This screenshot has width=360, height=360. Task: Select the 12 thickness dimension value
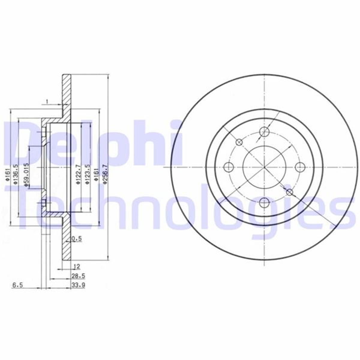pyautogui.click(x=77, y=266)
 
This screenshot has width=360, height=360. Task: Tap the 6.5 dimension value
pyautogui.click(x=17, y=285)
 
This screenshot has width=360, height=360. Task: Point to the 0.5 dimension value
pyautogui.click(x=77, y=239)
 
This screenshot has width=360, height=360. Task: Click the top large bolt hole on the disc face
pyautogui.click(x=264, y=131)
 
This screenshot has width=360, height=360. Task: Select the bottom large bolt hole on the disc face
pyautogui.click(x=264, y=202)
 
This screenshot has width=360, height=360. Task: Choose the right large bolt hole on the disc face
pyautogui.click(x=300, y=166)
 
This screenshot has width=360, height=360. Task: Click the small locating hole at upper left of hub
pyautogui.click(x=239, y=142)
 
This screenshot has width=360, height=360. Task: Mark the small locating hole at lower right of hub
pyautogui.click(x=289, y=192)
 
